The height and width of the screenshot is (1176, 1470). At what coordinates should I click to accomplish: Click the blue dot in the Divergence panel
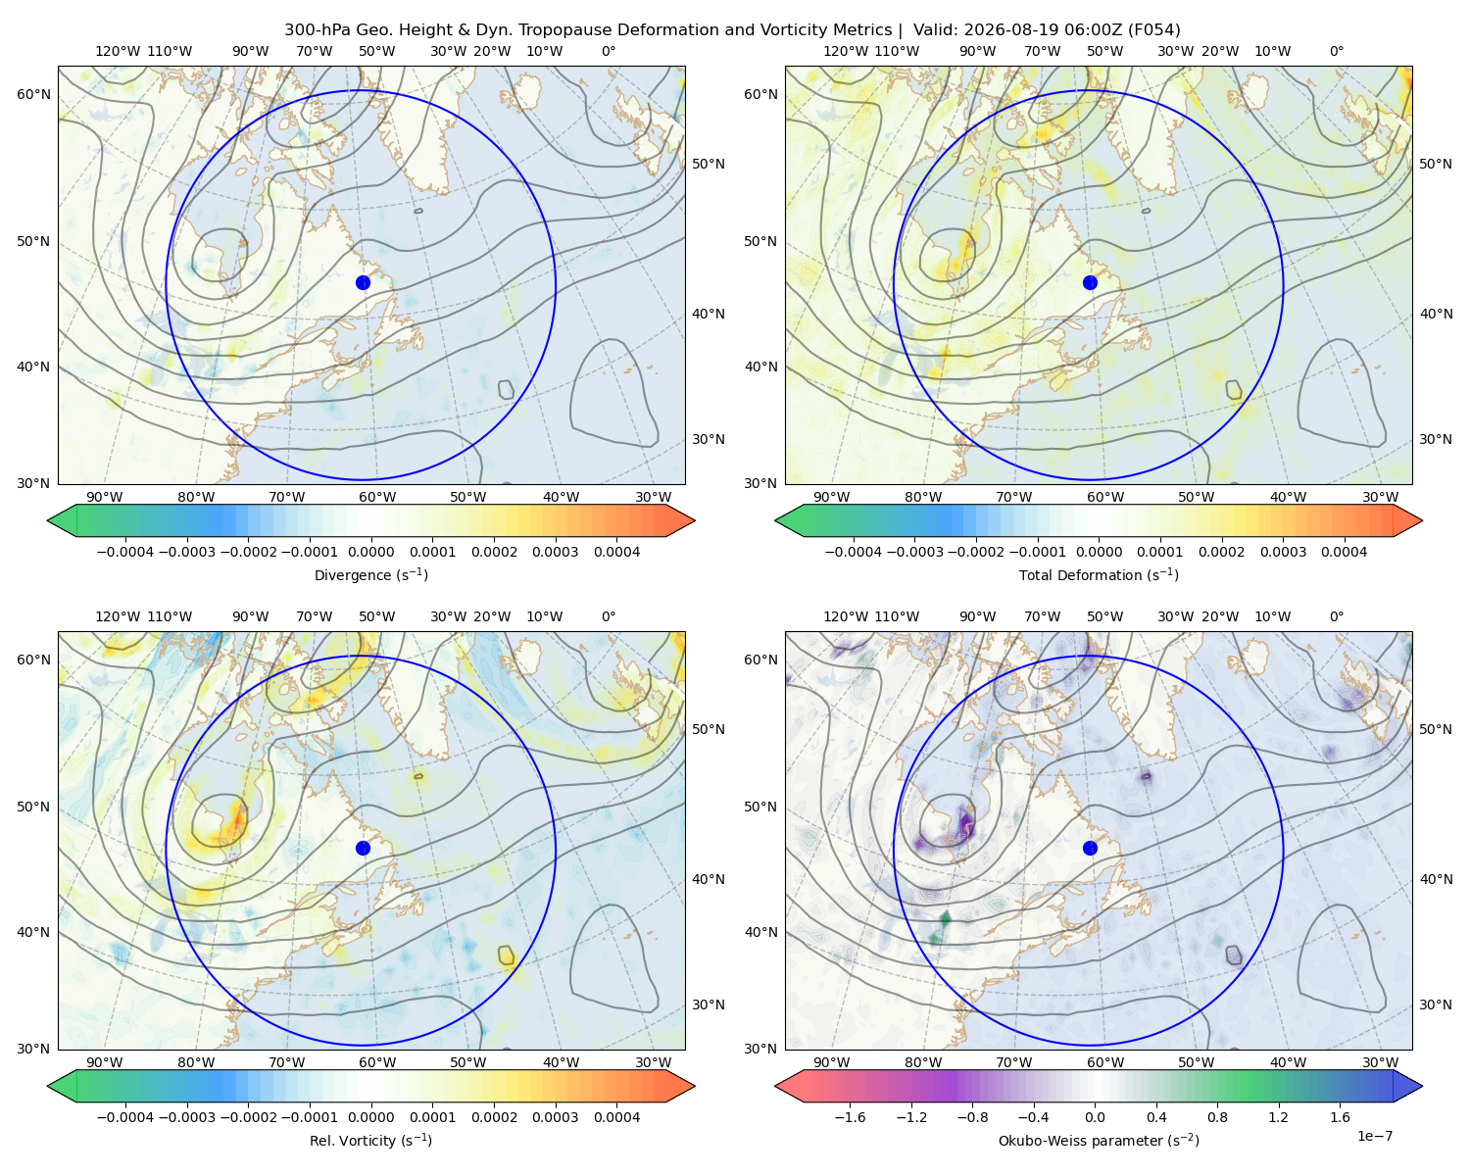(363, 283)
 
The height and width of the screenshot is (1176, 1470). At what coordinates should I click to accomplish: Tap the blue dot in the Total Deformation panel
(1090, 283)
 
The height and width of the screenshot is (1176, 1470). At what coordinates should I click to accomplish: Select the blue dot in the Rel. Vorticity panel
(363, 848)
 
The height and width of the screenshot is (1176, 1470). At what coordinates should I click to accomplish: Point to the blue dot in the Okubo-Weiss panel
(1090, 848)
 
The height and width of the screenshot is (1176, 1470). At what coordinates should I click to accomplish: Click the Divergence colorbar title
(370, 575)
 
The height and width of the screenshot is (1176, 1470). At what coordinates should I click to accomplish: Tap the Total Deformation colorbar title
(1099, 575)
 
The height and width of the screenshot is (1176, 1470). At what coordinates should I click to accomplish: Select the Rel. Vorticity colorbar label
(370, 1141)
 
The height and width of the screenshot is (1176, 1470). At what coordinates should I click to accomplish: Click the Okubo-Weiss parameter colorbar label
(1099, 1141)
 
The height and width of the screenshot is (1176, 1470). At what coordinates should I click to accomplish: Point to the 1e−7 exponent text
(1374, 1137)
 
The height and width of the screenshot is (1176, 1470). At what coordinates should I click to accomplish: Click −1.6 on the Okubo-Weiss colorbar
(850, 1117)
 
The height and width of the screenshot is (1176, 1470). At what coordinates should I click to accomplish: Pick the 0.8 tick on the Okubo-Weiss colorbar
(1217, 1117)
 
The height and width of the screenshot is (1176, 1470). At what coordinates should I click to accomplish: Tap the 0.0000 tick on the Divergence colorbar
(370, 552)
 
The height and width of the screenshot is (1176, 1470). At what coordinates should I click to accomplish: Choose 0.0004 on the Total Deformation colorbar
(1345, 552)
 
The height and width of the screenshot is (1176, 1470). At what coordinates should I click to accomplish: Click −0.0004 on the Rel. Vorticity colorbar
(125, 1117)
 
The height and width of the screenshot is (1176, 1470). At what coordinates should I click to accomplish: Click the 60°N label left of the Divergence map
(33, 94)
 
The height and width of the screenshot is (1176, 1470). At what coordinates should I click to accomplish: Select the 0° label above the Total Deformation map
(1336, 51)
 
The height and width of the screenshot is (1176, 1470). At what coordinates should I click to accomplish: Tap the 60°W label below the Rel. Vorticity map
(377, 1062)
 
